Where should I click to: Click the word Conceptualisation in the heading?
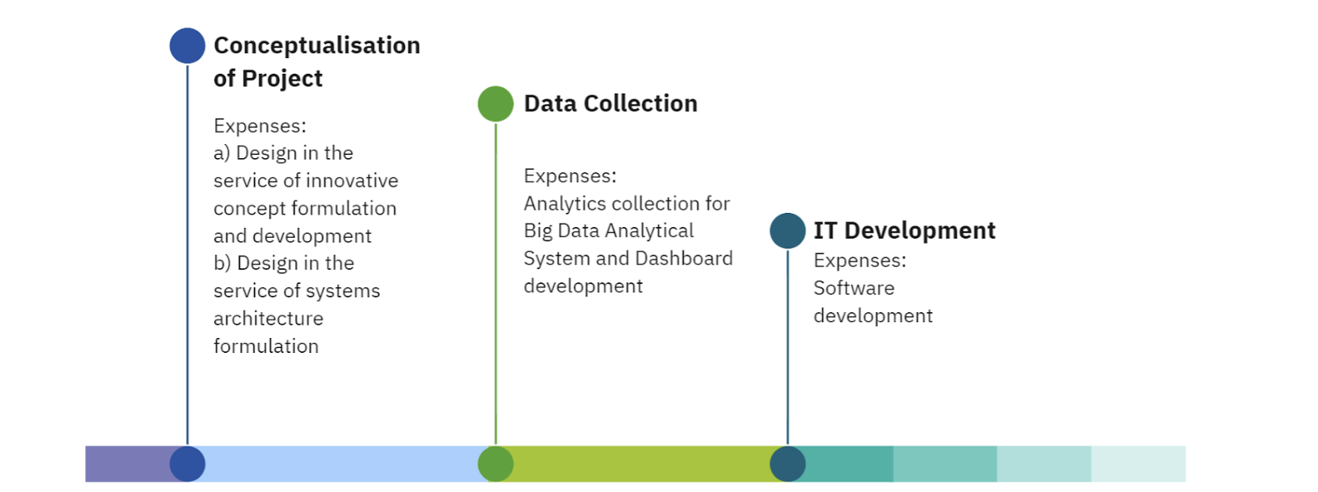click(x=316, y=46)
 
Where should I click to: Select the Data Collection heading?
click(x=611, y=104)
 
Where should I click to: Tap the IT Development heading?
click(x=904, y=231)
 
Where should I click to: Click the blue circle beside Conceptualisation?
click(x=187, y=46)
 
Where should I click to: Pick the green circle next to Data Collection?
click(x=495, y=104)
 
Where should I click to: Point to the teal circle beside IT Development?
click(x=787, y=231)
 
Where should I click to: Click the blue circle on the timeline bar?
click(x=187, y=464)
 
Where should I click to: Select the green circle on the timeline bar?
click(x=495, y=464)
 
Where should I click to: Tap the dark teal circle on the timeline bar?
click(x=787, y=464)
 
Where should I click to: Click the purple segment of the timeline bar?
click(x=127, y=464)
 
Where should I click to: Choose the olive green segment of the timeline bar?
click(x=642, y=464)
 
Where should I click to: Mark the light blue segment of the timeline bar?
click(x=341, y=464)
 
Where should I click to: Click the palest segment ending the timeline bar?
click(x=1138, y=464)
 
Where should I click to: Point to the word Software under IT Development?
click(x=854, y=288)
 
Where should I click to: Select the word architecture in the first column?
click(x=268, y=318)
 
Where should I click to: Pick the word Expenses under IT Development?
click(x=859, y=261)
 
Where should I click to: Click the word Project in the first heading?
click(x=281, y=79)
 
